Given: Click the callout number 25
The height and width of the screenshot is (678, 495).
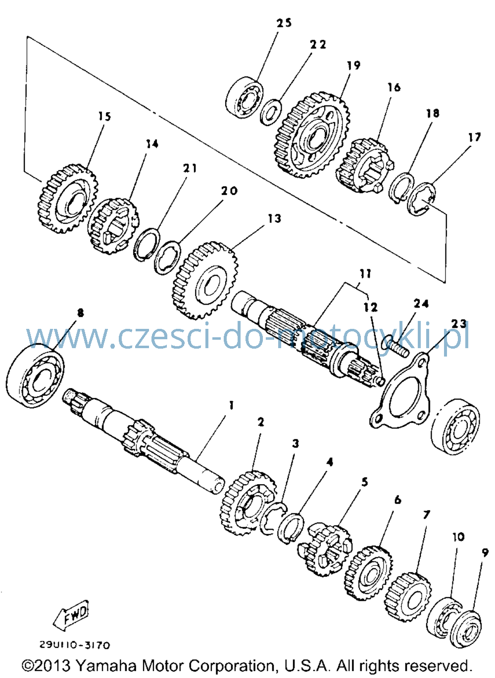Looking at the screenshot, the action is [284, 23].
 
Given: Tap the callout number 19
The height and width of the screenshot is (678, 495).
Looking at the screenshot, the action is [353, 65].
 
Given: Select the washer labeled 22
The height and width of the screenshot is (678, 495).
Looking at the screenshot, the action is [271, 112].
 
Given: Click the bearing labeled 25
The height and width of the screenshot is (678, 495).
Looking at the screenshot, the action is [245, 97].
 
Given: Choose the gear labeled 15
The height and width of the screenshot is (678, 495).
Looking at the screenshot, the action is [67, 199].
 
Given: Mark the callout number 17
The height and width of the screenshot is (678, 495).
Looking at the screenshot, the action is [474, 137].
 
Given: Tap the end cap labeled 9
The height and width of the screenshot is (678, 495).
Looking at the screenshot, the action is [467, 629].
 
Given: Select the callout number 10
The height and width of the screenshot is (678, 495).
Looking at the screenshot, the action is [458, 537].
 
